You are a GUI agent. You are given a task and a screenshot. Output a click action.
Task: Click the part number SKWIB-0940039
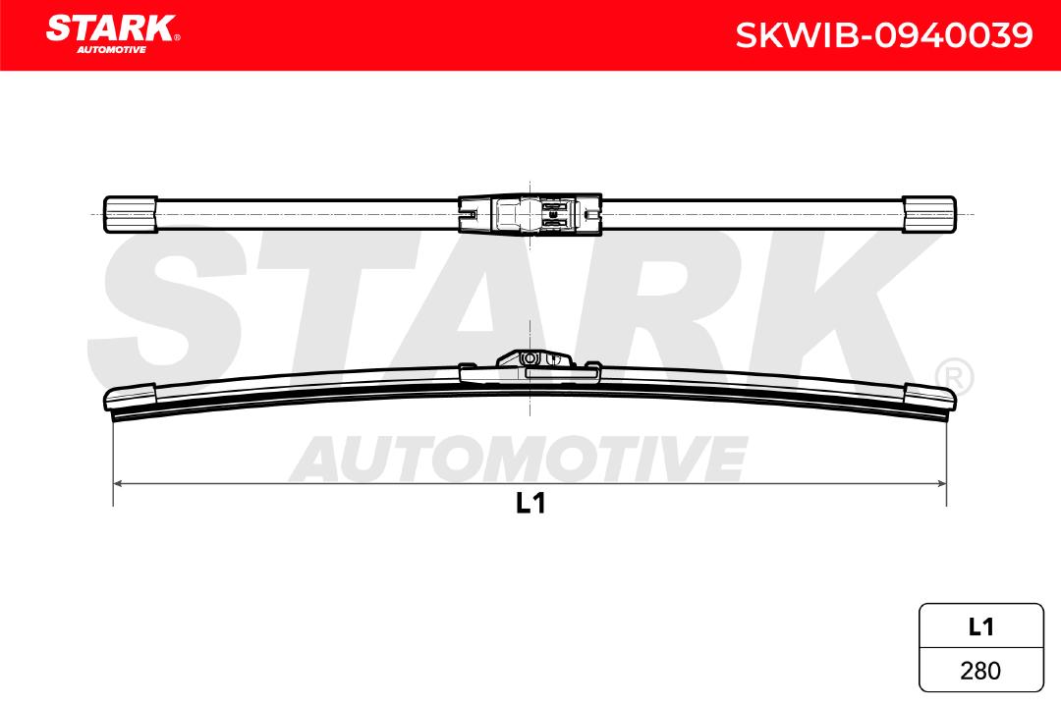[x=884, y=35]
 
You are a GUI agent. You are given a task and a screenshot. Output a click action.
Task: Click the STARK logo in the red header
[x=113, y=33]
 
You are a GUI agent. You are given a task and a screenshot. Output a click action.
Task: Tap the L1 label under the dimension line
[x=530, y=503]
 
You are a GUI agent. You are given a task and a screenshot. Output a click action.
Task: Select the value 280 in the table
[x=980, y=671]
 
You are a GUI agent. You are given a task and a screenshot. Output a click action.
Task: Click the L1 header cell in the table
[x=981, y=626]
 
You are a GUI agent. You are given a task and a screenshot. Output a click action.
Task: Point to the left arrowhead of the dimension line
[x=117, y=483]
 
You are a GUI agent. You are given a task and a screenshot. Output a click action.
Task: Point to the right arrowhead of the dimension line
[x=941, y=483]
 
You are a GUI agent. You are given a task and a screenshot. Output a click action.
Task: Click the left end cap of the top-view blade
[x=131, y=214]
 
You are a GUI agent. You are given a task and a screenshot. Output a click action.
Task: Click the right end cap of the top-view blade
[x=929, y=214]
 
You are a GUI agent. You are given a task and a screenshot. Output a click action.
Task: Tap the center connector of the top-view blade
[x=530, y=214]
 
